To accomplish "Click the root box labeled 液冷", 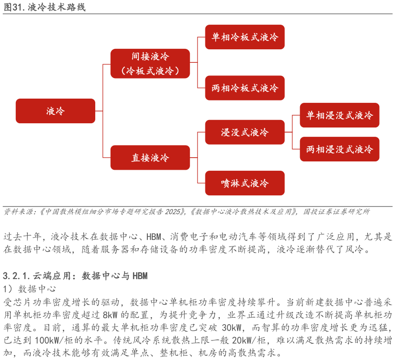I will (55, 111).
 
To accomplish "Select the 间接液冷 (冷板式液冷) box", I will (150, 64).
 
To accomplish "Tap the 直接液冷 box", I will (150, 158).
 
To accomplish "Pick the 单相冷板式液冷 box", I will (244, 37).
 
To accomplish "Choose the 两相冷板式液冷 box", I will (244, 88).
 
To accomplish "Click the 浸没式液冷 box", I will (244, 133).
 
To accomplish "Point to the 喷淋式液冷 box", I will (244, 183).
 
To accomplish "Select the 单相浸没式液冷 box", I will (339, 115).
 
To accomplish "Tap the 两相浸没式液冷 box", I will (339, 149).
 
